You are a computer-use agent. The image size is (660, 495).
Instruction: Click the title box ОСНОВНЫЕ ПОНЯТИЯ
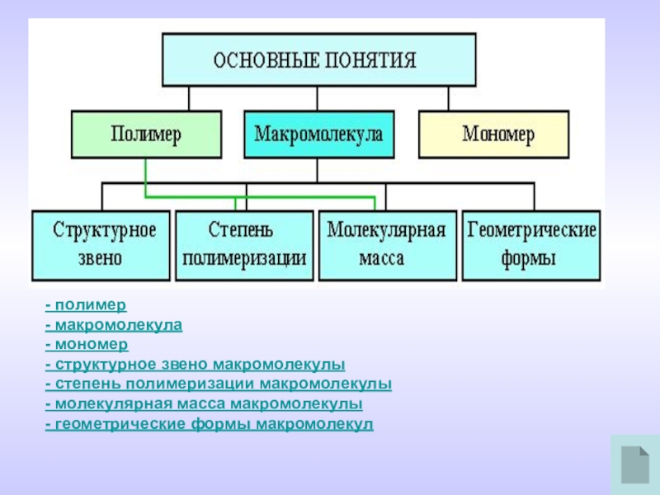(x=318, y=59)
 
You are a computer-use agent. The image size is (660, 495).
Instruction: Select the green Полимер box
(x=146, y=134)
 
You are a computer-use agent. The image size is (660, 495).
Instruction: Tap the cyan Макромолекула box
(x=318, y=134)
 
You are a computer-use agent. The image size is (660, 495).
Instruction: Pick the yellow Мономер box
(x=494, y=134)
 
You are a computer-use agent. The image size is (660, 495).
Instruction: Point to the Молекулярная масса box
(x=387, y=245)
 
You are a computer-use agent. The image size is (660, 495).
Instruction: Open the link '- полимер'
(x=86, y=306)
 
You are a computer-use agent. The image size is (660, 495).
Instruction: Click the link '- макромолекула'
(x=114, y=326)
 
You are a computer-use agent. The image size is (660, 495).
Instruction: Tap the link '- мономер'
(x=87, y=345)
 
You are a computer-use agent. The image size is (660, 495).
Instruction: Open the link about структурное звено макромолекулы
(x=196, y=365)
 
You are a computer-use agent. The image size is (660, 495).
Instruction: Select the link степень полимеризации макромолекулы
(x=219, y=384)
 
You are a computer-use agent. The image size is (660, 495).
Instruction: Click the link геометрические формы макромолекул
(x=210, y=424)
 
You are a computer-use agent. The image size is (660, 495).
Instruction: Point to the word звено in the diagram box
(x=100, y=258)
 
